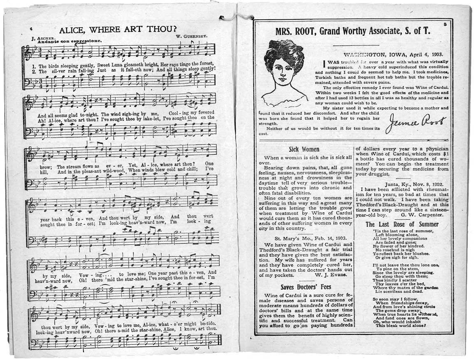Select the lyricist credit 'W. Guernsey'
[x=191, y=36]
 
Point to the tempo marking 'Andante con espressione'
[x=68, y=42]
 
